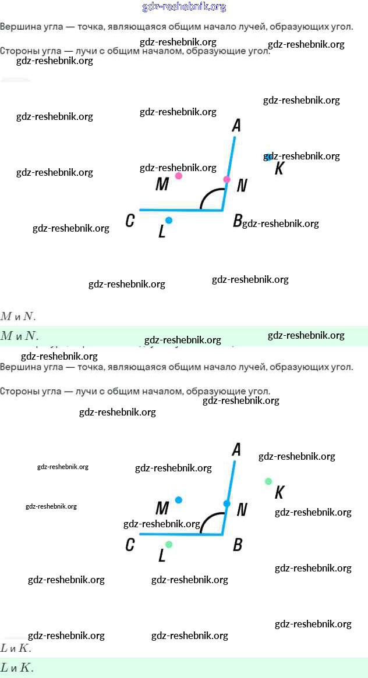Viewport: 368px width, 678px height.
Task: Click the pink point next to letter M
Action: (179, 176)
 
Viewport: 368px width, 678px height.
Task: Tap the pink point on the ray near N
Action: (227, 179)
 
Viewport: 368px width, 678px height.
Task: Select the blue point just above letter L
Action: (169, 221)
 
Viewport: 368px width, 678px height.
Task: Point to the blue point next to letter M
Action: (179, 500)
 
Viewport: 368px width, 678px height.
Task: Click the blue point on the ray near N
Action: (227, 503)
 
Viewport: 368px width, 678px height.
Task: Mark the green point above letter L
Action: (169, 545)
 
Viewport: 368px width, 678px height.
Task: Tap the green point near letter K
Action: (268, 481)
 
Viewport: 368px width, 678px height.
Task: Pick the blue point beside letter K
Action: (268, 157)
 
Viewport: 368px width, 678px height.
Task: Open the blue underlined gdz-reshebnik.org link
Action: (184, 7)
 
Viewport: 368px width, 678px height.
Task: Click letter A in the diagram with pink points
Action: (236, 125)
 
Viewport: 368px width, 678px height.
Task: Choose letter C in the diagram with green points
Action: (130, 545)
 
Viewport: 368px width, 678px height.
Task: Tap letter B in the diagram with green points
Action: (238, 545)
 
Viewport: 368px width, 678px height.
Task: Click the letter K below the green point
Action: (279, 493)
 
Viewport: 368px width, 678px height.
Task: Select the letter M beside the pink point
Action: (162, 184)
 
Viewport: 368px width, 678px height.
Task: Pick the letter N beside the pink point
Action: (242, 186)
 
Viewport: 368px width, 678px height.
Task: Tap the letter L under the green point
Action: (162, 556)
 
